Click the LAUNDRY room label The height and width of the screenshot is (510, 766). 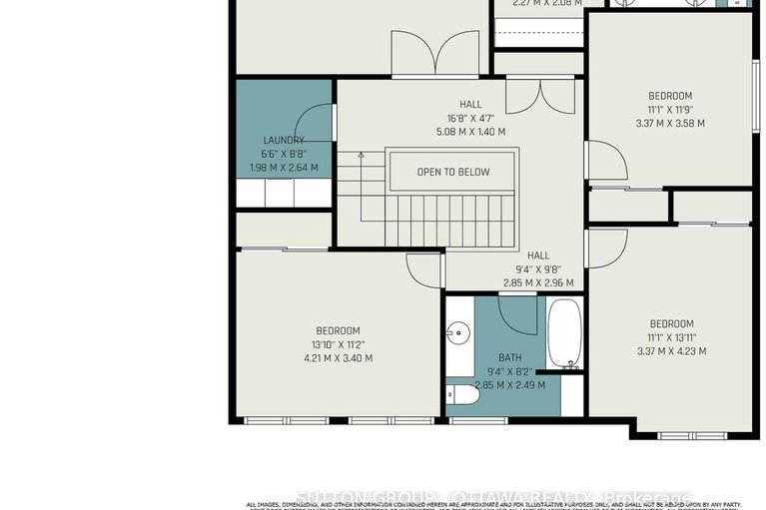284,141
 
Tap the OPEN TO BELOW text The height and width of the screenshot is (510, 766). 453,172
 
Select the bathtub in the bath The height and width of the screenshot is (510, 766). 563,333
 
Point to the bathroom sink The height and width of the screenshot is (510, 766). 460,331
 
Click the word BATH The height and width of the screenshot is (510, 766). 510,357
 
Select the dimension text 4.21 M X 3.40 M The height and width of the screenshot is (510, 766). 339,358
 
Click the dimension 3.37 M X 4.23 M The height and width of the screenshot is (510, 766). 671,351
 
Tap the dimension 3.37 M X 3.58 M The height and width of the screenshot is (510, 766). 670,124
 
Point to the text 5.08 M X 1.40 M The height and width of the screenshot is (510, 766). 470,132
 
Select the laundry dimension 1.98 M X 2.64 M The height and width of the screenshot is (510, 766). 284,168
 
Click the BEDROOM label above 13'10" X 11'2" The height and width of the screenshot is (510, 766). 339,330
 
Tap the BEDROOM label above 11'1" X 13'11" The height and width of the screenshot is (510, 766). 671,323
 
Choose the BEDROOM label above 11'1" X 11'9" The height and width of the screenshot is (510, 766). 670,96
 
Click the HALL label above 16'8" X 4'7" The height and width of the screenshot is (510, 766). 470,104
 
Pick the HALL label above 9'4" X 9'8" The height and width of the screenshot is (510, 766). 538,255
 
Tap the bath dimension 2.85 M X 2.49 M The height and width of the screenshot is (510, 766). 510,385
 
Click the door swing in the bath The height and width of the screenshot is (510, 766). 519,314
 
